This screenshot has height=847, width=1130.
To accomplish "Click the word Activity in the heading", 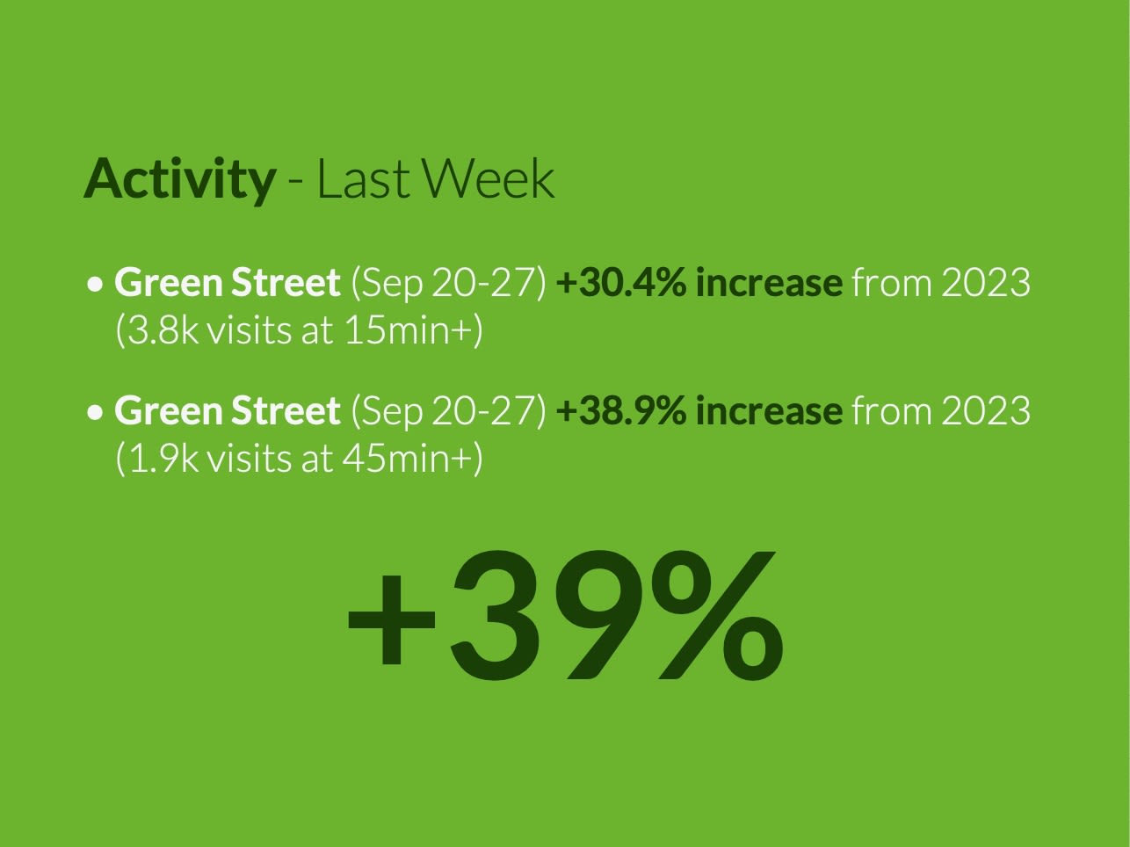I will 179,179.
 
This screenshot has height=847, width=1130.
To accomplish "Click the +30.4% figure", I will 620,283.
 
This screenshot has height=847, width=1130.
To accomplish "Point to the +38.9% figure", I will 620,410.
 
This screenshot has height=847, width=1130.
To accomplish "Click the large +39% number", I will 565,615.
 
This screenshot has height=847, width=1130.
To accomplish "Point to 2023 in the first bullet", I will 985,283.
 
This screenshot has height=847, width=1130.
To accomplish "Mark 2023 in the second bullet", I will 985,410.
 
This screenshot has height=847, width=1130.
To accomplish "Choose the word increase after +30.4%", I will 768,283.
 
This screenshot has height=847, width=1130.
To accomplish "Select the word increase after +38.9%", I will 768,410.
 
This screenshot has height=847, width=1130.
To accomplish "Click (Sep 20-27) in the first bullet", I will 448,283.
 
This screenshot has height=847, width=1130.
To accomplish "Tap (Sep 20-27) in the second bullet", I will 448,410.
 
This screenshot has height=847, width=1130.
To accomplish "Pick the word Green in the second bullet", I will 167,410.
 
